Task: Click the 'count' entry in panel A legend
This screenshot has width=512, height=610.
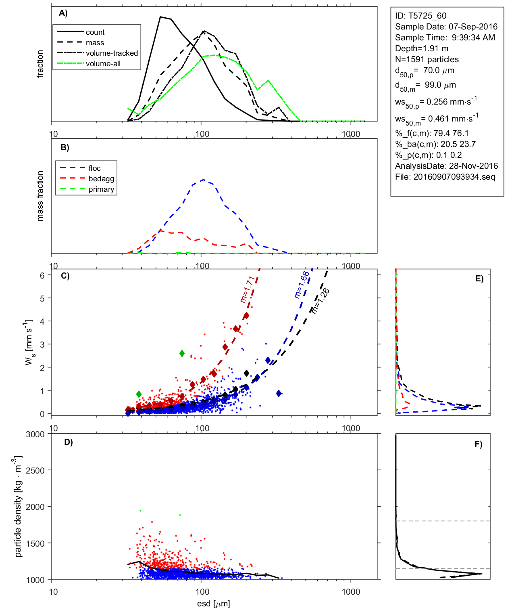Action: (x=95, y=32)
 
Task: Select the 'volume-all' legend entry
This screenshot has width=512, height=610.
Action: (x=103, y=64)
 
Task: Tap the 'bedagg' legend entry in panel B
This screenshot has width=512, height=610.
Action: (x=101, y=179)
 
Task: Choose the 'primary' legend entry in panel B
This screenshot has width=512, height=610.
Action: (x=101, y=189)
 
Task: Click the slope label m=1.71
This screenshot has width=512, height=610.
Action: (x=246, y=289)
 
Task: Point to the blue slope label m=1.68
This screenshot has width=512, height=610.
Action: (x=301, y=285)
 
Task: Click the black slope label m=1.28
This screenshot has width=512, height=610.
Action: (x=320, y=301)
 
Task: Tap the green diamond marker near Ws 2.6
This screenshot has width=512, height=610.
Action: (x=182, y=354)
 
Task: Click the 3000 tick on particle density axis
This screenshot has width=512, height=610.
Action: (x=35, y=434)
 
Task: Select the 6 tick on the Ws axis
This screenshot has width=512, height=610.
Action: (x=42, y=275)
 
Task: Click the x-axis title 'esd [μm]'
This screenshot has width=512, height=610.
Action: (x=213, y=604)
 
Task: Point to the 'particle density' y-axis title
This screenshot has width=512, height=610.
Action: (x=18, y=507)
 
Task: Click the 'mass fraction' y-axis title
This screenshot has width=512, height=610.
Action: (x=40, y=196)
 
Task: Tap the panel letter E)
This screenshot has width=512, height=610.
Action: (x=479, y=279)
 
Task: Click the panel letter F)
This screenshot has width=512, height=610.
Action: (x=478, y=444)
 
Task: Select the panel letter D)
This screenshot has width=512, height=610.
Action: (x=69, y=442)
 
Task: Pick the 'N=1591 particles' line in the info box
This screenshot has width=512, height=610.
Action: (x=427, y=59)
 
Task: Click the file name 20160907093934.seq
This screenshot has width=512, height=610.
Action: (x=454, y=177)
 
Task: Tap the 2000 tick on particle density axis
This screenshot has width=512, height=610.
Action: (x=35, y=507)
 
